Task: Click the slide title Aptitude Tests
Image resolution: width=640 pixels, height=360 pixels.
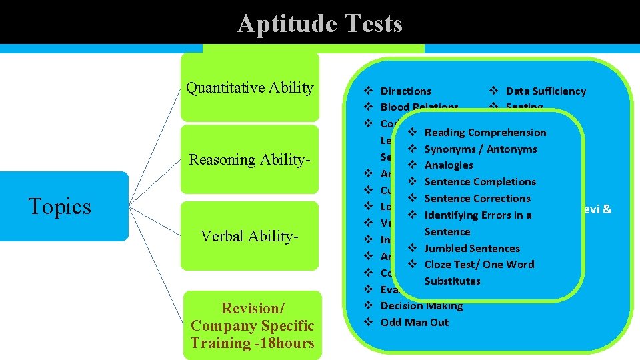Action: [319, 24]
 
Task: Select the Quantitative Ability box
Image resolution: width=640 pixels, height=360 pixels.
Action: [250, 88]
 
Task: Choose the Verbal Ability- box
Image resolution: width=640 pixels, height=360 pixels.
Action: [250, 236]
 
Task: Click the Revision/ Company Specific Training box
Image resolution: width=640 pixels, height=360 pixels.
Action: [252, 325]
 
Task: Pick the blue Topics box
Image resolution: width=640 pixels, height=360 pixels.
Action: [60, 207]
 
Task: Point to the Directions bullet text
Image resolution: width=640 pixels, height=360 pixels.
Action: [405, 91]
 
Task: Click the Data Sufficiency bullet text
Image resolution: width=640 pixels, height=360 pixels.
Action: [545, 91]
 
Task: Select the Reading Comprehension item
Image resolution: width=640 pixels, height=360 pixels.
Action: [485, 133]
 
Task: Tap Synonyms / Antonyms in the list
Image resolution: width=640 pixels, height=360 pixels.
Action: [480, 149]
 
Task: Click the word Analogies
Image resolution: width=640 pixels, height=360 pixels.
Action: [449, 165]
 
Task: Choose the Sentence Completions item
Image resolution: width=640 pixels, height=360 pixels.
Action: [480, 181]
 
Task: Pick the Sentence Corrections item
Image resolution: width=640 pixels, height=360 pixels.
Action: [477, 198]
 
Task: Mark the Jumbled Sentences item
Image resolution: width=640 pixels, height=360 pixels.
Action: [472, 248]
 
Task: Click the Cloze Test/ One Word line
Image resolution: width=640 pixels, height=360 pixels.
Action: [479, 264]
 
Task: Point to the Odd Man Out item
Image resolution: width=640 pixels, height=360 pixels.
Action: [414, 322]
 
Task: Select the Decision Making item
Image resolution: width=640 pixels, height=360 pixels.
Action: [421, 306]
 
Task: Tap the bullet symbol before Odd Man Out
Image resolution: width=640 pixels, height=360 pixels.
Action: [367, 322]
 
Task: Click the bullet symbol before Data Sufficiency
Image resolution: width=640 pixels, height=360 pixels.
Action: [493, 91]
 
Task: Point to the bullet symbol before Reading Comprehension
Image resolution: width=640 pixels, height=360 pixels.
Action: [412, 133]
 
